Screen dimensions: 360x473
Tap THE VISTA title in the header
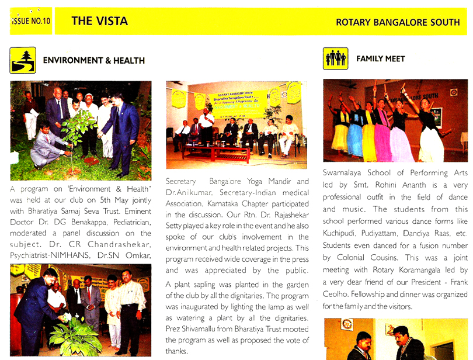99,22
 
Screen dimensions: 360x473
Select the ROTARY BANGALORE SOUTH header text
398,22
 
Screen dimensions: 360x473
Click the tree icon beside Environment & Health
23,60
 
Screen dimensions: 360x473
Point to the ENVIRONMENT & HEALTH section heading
94,60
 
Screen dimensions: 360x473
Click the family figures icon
335,58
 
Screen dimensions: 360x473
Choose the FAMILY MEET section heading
380,59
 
